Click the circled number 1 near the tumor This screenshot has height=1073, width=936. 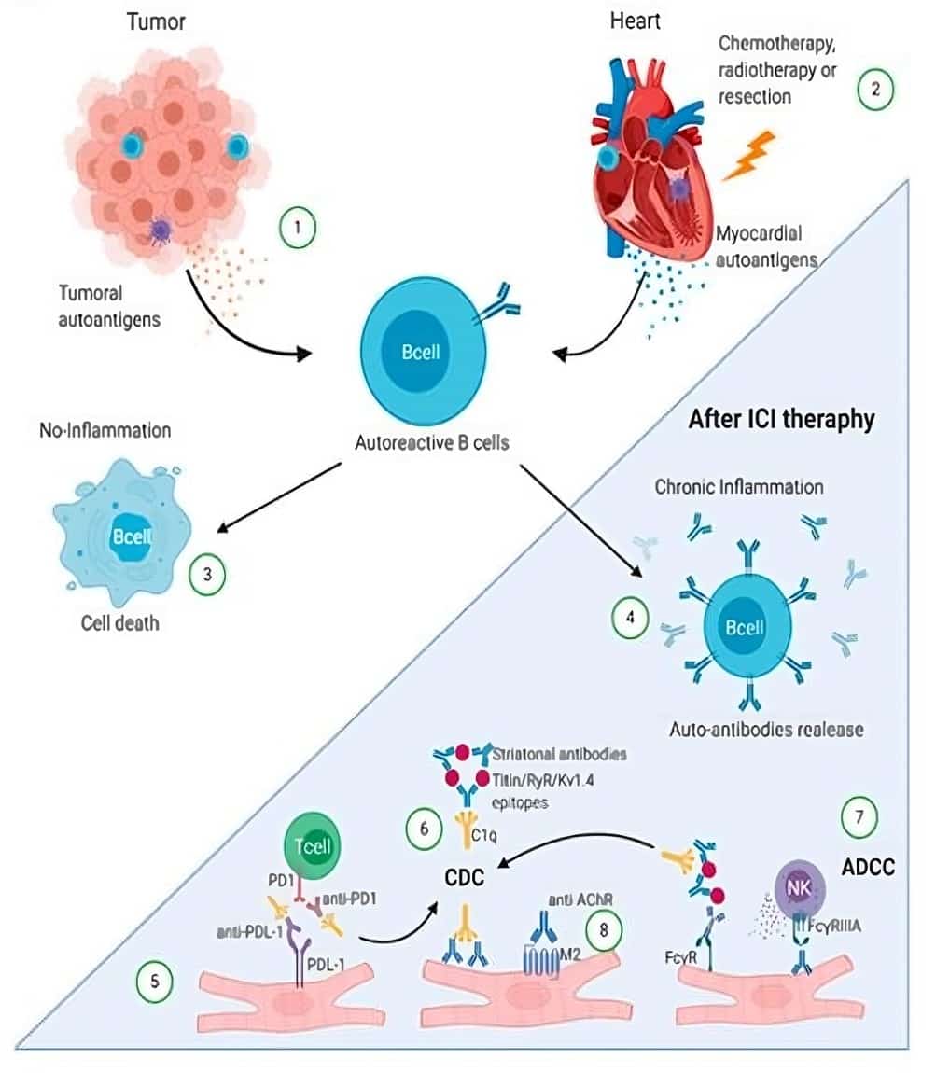click(x=299, y=228)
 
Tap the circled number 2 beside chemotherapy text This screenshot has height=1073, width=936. click(x=875, y=91)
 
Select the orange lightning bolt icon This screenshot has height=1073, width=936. click(x=751, y=157)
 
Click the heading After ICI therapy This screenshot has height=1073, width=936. click(x=781, y=420)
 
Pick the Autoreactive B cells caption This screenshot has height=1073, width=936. click(x=432, y=442)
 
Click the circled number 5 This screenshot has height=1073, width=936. click(x=154, y=982)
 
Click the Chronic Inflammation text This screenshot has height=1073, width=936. click(x=739, y=487)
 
